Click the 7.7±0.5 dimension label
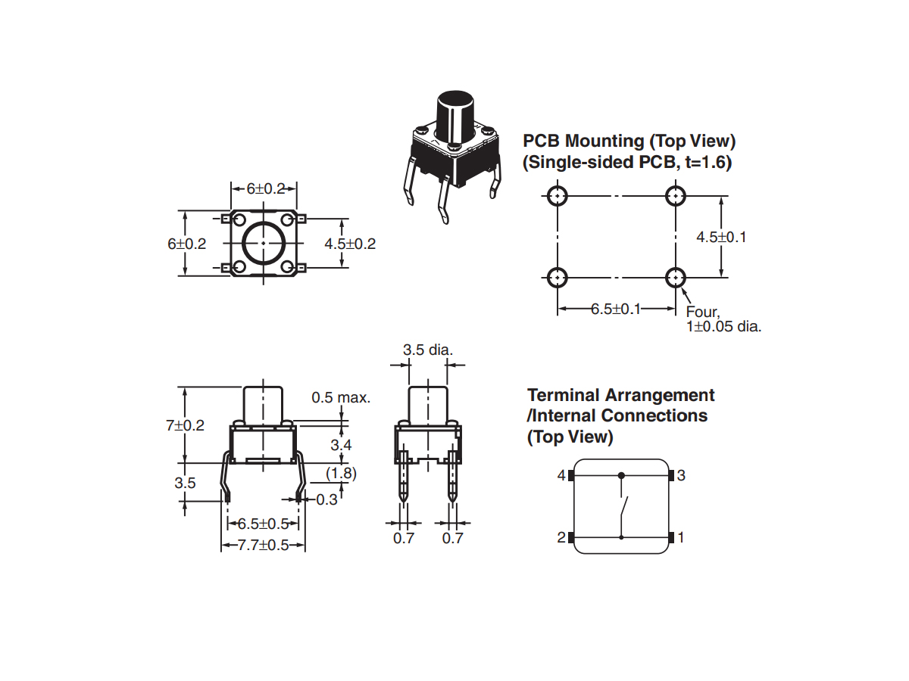click(264, 545)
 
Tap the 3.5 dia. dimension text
click(427, 350)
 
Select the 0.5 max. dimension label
click(341, 398)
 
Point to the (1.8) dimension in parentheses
click(340, 474)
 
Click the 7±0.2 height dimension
click(186, 425)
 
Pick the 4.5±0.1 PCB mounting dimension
click(721, 237)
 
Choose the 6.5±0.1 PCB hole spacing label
click(616, 309)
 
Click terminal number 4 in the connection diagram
click(561, 476)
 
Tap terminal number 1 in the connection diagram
click(681, 538)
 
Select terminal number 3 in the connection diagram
click(681, 476)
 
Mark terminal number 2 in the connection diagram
click(561, 538)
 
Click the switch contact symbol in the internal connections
click(623, 507)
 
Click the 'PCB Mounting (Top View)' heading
click(629, 141)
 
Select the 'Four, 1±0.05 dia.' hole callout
click(723, 319)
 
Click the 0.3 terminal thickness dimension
click(327, 499)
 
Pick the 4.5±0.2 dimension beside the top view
click(350, 244)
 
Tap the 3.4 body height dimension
click(341, 445)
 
